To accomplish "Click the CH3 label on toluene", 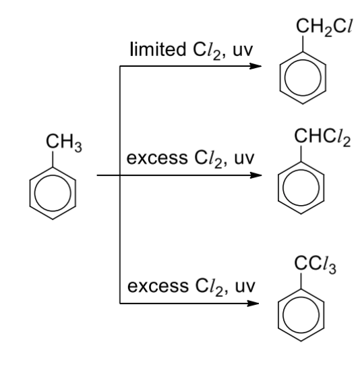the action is tap(64, 142).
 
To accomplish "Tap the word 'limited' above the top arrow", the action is tap(158, 49).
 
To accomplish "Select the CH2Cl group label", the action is tap(324, 27).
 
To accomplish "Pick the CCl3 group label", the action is tap(316, 264).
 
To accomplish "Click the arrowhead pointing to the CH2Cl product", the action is tap(256, 66).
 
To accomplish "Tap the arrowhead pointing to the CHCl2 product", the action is tap(256, 175).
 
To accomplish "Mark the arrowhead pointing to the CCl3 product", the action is tap(253, 304).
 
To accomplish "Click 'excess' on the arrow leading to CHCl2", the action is tap(157, 159).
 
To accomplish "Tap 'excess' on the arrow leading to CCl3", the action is tap(158, 286).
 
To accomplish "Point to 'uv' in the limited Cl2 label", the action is tap(243, 50).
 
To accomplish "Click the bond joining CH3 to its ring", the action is tap(53, 159).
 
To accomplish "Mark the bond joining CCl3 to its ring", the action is tap(301, 281).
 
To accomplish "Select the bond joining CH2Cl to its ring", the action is tap(303, 44).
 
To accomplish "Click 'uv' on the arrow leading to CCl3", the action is tap(245, 287).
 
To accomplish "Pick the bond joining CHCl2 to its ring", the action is tap(301, 154).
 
